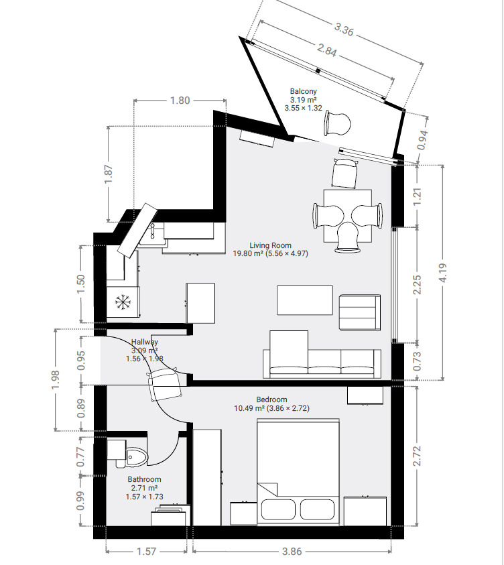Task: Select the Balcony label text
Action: click(303, 91)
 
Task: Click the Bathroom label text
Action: click(144, 479)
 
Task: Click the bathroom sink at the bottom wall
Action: click(171, 516)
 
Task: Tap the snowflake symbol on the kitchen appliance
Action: click(122, 302)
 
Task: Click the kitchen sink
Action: click(155, 232)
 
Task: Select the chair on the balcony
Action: click(337, 123)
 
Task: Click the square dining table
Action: click(347, 215)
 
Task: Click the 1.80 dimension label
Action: click(180, 101)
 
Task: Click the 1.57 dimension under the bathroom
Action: click(146, 552)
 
